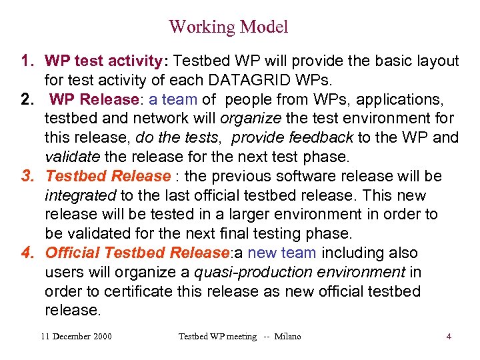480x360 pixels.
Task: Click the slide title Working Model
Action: (228, 27)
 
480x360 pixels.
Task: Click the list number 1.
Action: (27, 62)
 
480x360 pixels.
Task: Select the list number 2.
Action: (27, 100)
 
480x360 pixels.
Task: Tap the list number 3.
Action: (27, 177)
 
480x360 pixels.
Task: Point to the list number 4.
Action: (27, 253)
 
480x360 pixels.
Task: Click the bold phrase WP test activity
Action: (103, 62)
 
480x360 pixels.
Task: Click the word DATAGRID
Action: (243, 81)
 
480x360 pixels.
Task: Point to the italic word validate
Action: (71, 157)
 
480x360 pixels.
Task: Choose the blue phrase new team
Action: (285, 253)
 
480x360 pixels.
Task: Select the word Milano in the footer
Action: (287, 337)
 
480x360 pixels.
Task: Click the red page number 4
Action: (449, 337)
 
